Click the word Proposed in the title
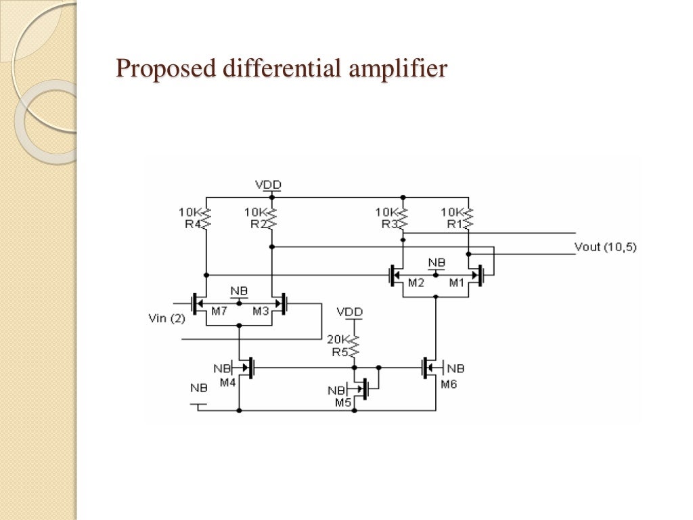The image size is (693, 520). pos(157,69)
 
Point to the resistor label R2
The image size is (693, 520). pos(258,225)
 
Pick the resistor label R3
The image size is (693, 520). pos(389,225)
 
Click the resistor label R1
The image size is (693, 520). pos(455,225)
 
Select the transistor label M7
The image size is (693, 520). pos(218,311)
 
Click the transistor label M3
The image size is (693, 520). pos(261,311)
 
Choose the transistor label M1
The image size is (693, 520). pos(458,283)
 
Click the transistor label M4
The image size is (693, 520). pos(227,382)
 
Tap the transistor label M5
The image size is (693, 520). pos(344,402)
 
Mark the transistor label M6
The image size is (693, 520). pos(449,385)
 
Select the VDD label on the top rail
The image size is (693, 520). pos(268,184)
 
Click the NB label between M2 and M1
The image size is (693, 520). pos(437,263)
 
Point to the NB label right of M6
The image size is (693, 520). pos(455,369)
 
